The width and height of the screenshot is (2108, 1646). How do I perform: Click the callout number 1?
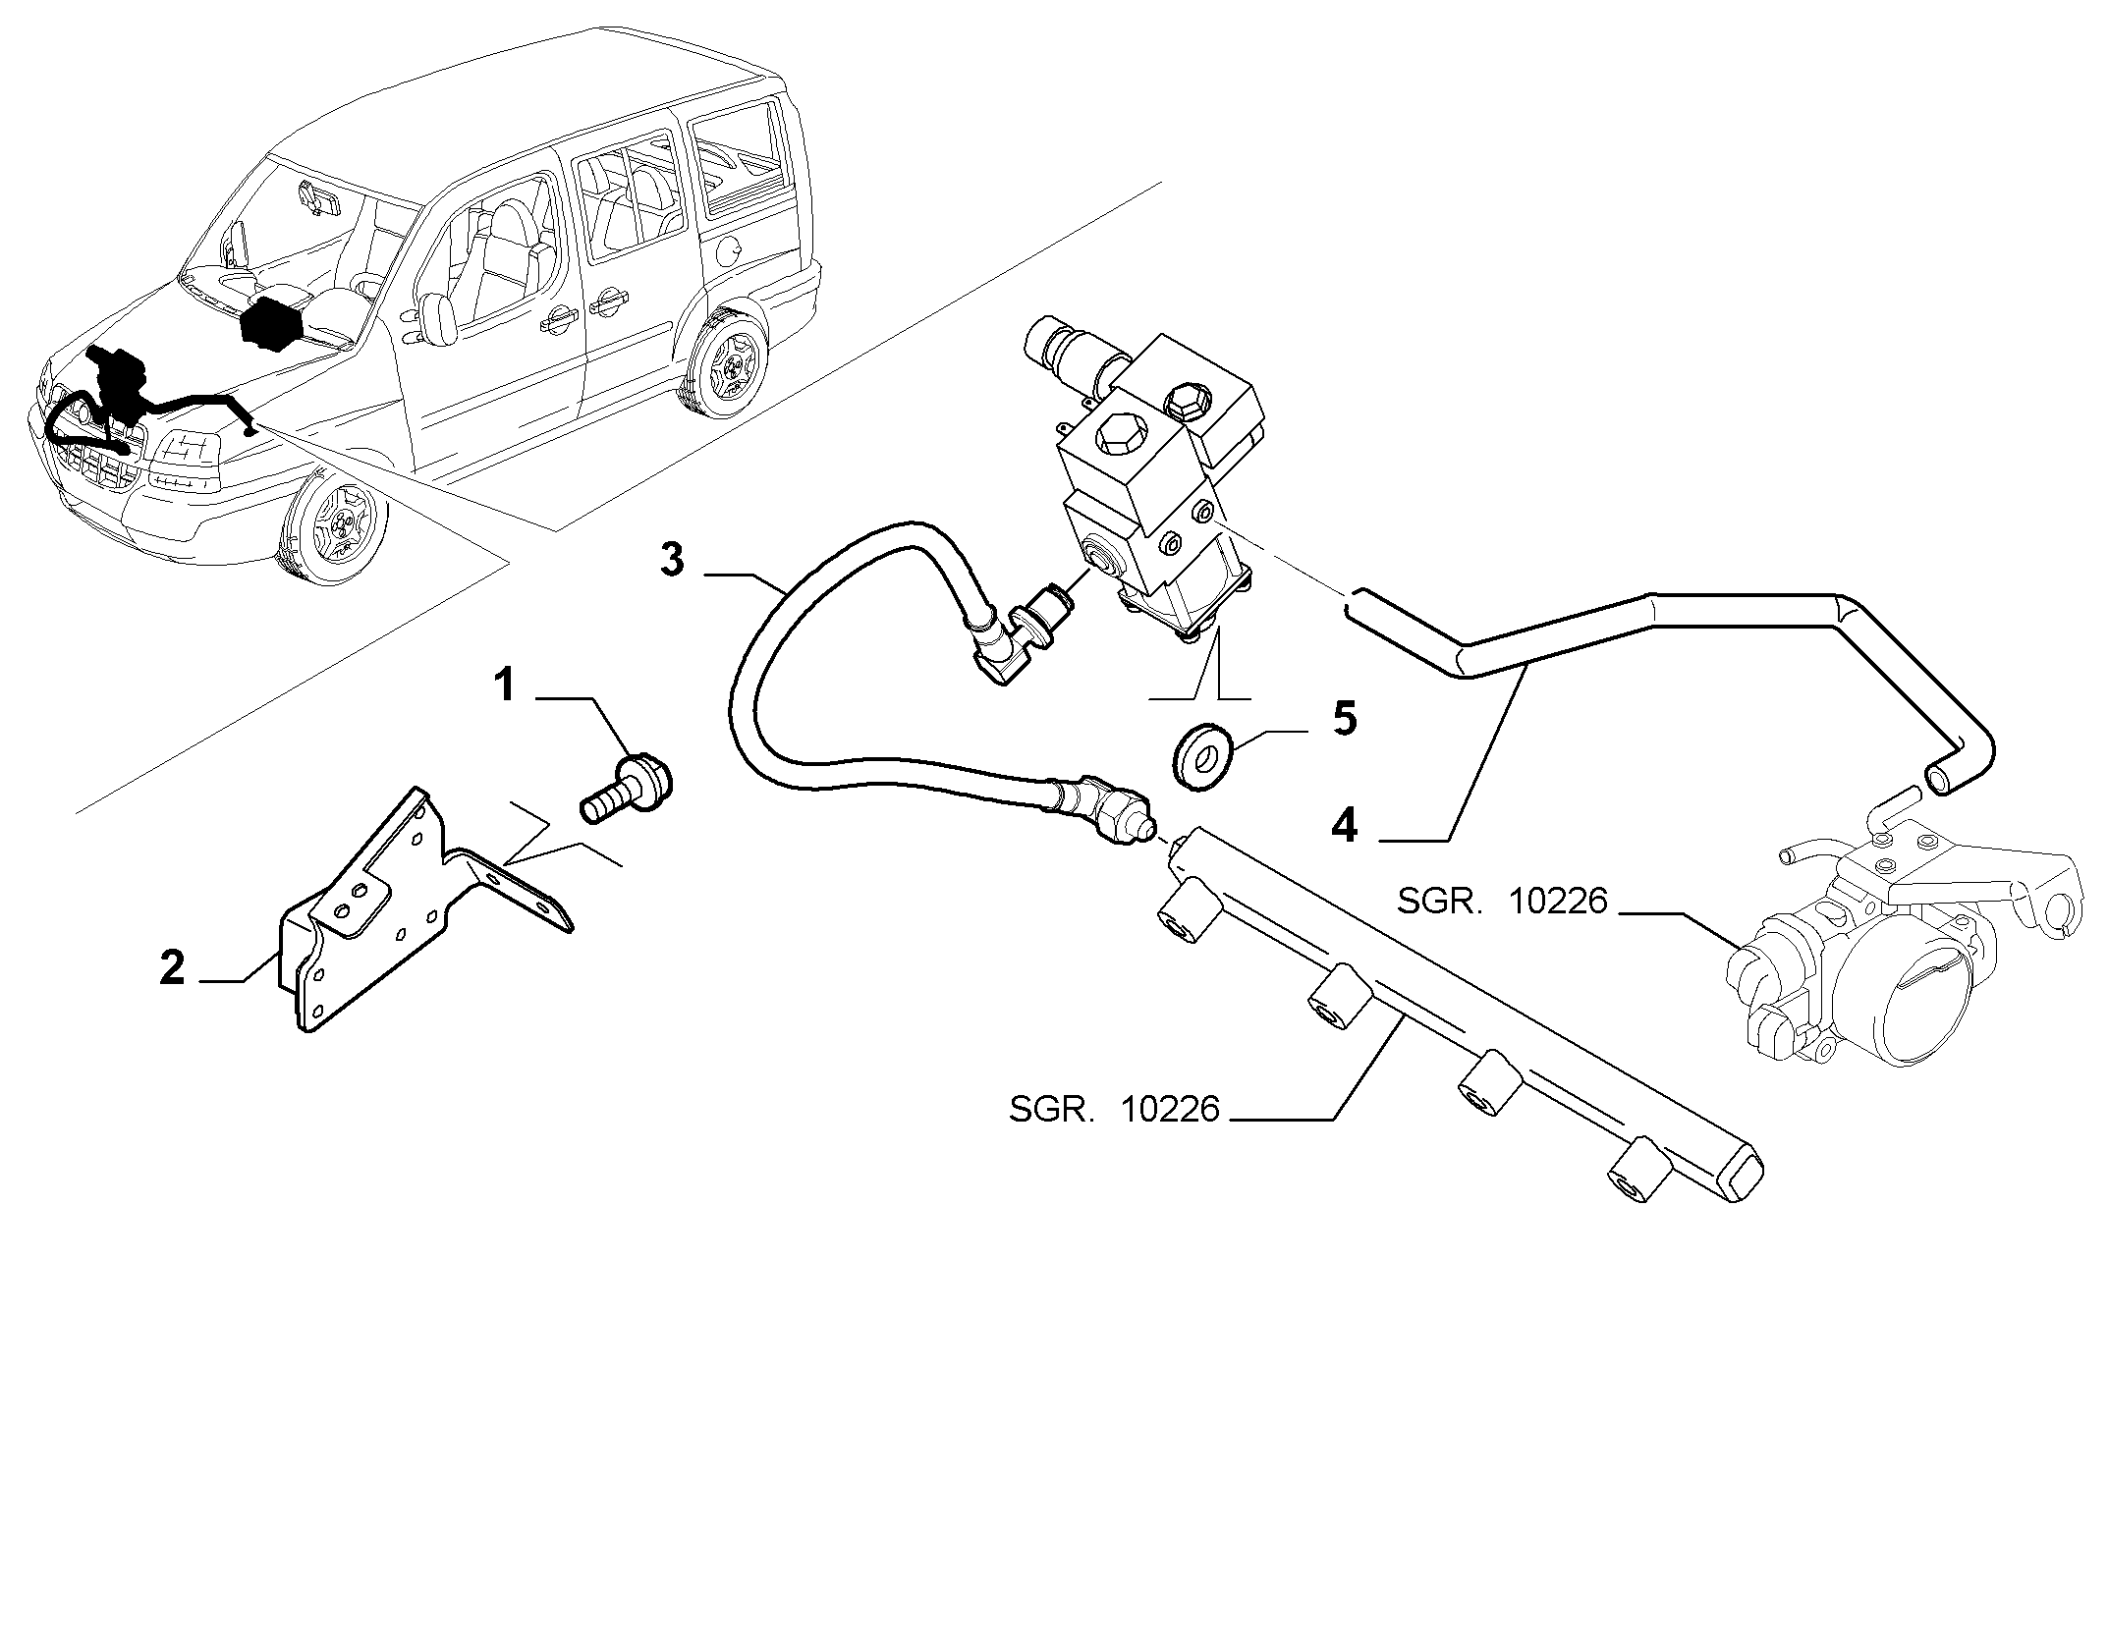pyautogui.click(x=505, y=685)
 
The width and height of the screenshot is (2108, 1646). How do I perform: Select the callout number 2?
pyautogui.click(x=172, y=969)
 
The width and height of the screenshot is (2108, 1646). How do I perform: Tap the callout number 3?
pyautogui.click(x=672, y=562)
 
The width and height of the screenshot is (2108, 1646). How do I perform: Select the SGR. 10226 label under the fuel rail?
pyautogui.click(x=1114, y=1110)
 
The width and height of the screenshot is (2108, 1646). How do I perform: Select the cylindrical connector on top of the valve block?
pyautogui.click(x=1077, y=352)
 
